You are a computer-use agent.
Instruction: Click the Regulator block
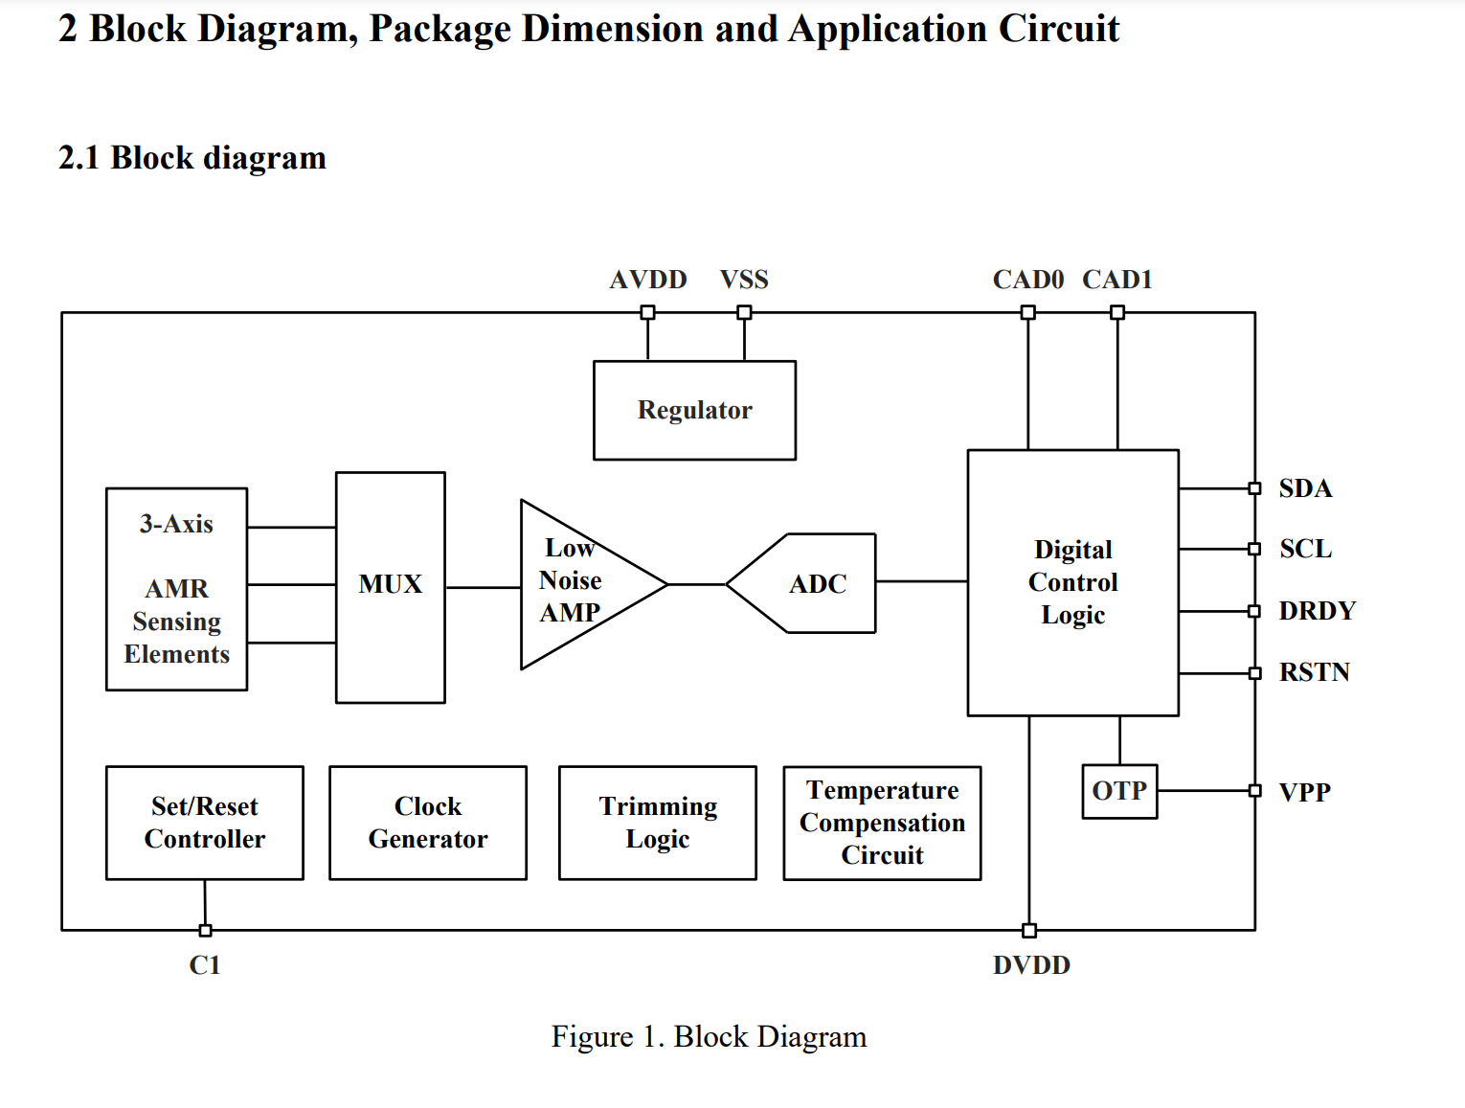click(x=694, y=410)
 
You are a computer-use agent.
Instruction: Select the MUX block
click(x=391, y=587)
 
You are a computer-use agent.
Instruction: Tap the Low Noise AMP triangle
click(x=580, y=584)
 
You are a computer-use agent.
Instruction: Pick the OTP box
click(x=1119, y=792)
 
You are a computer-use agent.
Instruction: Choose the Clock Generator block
click(x=428, y=823)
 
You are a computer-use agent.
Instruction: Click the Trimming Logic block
click(x=658, y=823)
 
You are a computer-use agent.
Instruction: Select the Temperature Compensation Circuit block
click(x=882, y=823)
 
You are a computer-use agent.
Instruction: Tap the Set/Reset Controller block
click(x=205, y=823)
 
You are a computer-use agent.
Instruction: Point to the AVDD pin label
click(x=648, y=280)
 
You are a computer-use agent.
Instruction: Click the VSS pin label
click(x=744, y=280)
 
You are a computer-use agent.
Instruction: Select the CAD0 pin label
click(x=1027, y=280)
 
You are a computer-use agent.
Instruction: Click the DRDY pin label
click(x=1317, y=611)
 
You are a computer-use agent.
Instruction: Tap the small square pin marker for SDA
click(x=1254, y=488)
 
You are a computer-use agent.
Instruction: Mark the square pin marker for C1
click(x=206, y=931)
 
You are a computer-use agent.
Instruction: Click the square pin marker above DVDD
click(x=1029, y=931)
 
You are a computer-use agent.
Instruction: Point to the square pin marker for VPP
click(x=1254, y=791)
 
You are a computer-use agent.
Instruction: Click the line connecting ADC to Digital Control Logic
click(x=922, y=581)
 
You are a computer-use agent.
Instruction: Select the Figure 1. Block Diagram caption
click(x=709, y=1036)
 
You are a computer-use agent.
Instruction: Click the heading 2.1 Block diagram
click(x=192, y=158)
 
